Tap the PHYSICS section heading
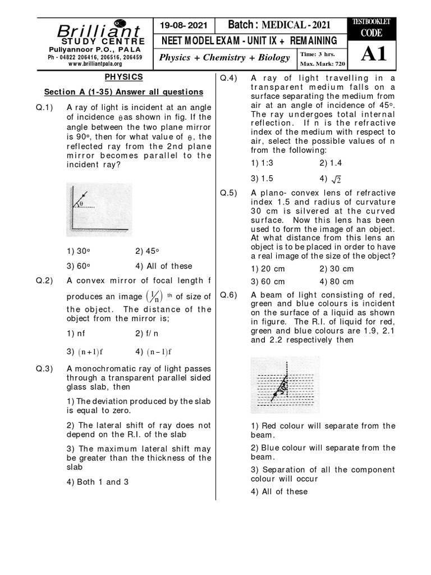point(123,77)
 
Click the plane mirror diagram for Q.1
point(99,208)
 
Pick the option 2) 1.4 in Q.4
point(331,163)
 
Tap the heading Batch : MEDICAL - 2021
point(279,25)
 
